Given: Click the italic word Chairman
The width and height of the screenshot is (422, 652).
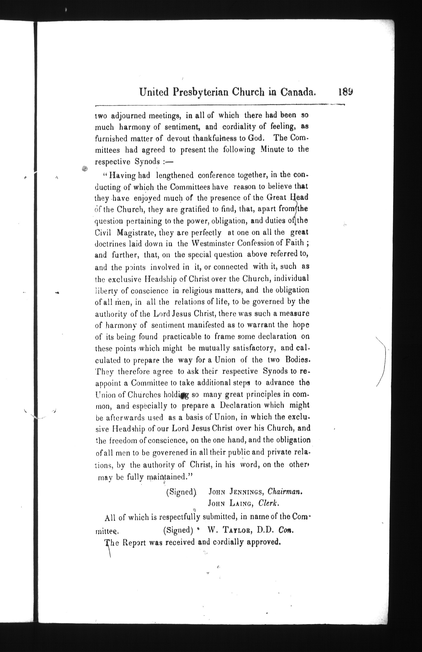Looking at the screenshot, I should (x=285, y=492).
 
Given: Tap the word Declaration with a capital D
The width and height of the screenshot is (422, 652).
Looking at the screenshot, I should (x=240, y=405).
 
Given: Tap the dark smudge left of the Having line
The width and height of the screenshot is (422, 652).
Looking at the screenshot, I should (x=85, y=169).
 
